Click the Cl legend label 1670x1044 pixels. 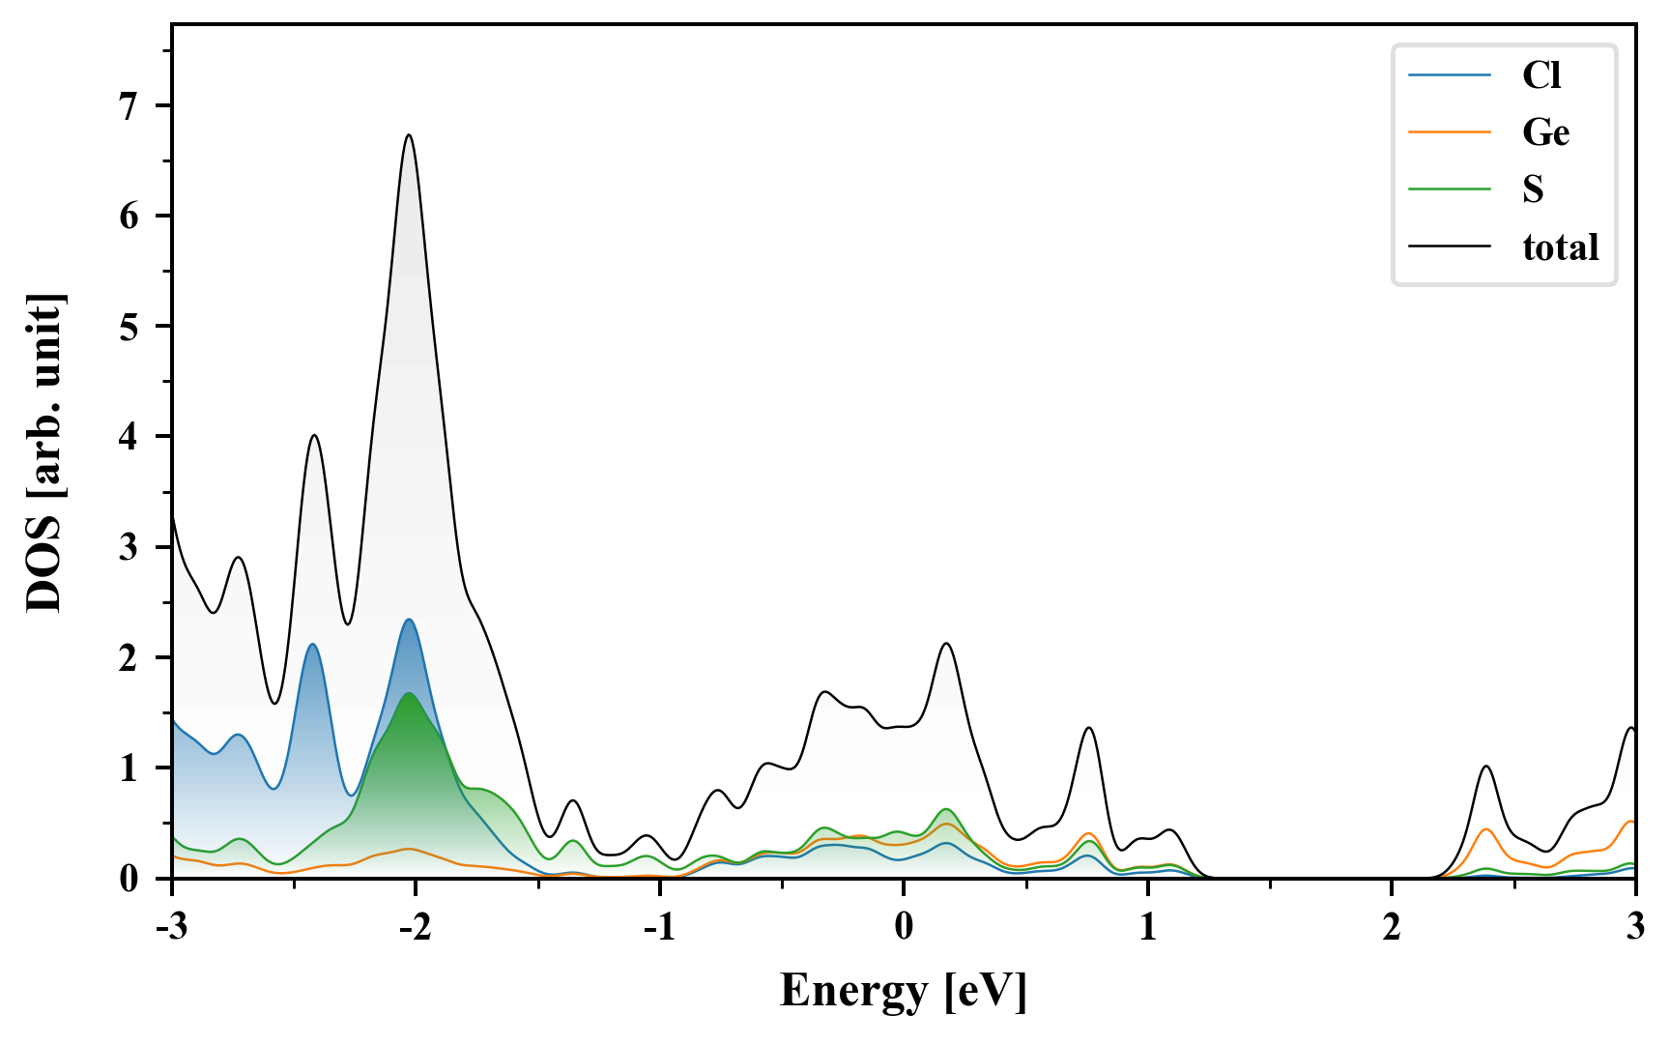tap(1540, 75)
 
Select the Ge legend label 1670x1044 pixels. tap(1545, 132)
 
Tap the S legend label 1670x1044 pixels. tap(1533, 189)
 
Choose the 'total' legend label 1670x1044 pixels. tap(1560, 247)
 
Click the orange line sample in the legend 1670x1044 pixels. tap(1449, 132)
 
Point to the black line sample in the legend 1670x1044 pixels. tap(1449, 247)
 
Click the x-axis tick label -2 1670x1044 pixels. tap(415, 926)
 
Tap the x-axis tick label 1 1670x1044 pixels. tap(1147, 926)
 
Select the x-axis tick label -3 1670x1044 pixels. tap(171, 926)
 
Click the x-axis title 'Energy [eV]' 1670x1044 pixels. tap(903, 990)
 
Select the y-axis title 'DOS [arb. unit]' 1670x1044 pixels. tap(44, 452)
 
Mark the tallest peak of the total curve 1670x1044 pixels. tap(409, 135)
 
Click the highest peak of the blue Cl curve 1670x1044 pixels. tap(409, 620)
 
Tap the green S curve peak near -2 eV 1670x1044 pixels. tap(409, 694)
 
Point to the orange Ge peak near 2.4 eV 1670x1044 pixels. tap(1486, 829)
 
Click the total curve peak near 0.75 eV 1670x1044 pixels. tap(1089, 728)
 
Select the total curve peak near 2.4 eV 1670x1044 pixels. tap(1486, 767)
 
